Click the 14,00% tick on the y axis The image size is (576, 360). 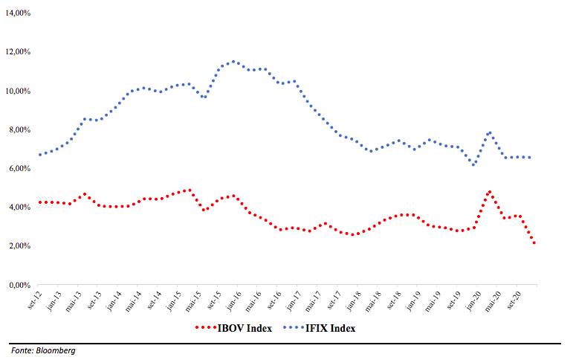(16, 13)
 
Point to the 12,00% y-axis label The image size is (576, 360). (16, 52)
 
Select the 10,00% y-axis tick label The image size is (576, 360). (16, 91)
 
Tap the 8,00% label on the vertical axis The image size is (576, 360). (18, 130)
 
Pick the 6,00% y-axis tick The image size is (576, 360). (18, 169)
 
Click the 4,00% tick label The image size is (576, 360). (18, 208)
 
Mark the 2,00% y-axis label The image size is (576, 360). (18, 246)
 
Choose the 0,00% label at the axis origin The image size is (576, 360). (18, 285)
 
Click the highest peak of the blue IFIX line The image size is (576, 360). (234, 62)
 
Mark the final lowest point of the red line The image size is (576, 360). (534, 242)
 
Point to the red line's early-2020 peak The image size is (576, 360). (489, 192)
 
